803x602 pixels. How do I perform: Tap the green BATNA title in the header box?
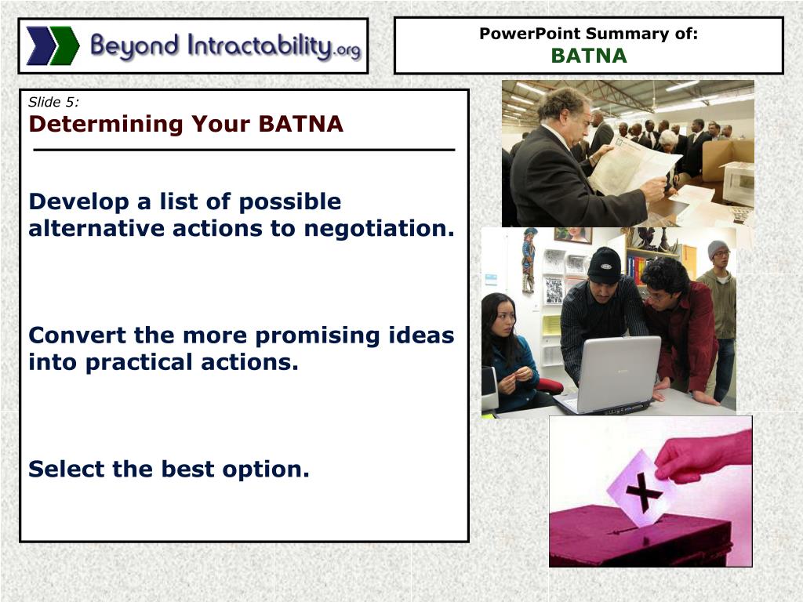click(588, 56)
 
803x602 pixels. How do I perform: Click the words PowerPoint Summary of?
click(588, 34)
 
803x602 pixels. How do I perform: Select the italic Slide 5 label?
click(53, 101)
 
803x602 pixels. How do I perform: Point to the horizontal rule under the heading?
click(243, 150)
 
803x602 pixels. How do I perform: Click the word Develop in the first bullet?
click(78, 201)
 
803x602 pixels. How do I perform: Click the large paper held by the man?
click(632, 165)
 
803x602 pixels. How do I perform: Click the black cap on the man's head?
click(604, 265)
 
